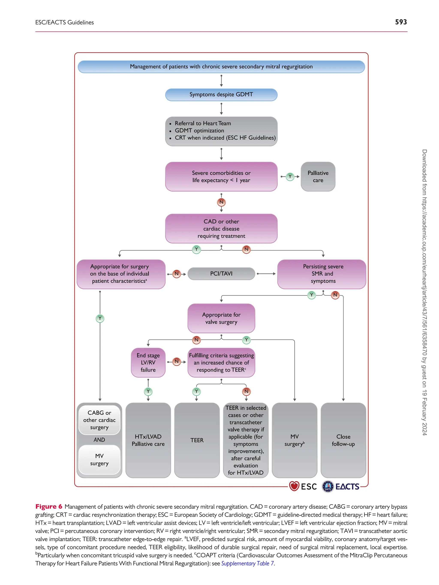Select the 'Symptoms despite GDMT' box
pos(221,95)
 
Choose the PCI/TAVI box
pos(221,274)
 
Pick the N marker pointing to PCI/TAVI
pos(176,274)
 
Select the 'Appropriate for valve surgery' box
pos(221,318)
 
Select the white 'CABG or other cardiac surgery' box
pos(99,420)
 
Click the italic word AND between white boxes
pos(99,440)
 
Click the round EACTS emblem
pos(328,486)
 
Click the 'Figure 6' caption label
pos(49,506)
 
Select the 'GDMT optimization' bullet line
pos(199,130)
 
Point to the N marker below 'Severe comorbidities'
pos(221,202)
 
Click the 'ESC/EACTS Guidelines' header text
pos(65,22)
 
